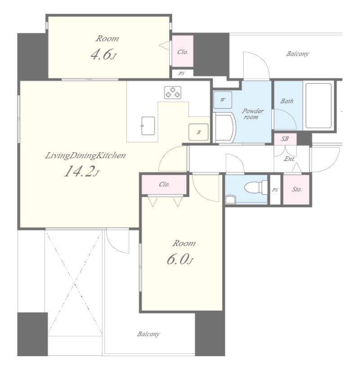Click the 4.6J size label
pyautogui.click(x=103, y=55)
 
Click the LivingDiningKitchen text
pyautogui.click(x=85, y=156)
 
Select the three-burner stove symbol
pyautogui.click(x=173, y=92)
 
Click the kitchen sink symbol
pyautogui.click(x=148, y=126)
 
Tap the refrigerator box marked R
pyautogui.click(x=198, y=132)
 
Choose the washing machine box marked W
pyautogui.click(x=223, y=100)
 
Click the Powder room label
pyautogui.click(x=252, y=114)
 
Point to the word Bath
pyautogui.click(x=287, y=101)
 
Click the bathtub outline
pyautogui.click(x=319, y=106)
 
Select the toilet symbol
pyautogui.click(x=255, y=187)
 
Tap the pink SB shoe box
pyautogui.click(x=285, y=139)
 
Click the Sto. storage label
pyautogui.click(x=296, y=189)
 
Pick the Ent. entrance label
pyautogui.click(x=289, y=159)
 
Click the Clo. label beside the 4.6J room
pyautogui.click(x=182, y=52)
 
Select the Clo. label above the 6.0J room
pyautogui.click(x=164, y=184)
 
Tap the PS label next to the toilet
pyautogui.click(x=275, y=190)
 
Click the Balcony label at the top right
pyautogui.click(x=297, y=54)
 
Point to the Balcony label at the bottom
pyautogui.click(x=148, y=334)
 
